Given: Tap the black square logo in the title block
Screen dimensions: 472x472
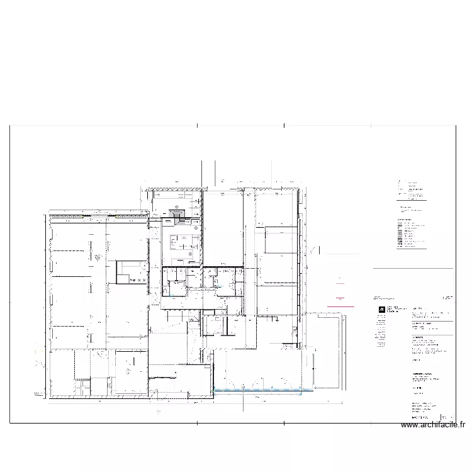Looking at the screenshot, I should [380, 309].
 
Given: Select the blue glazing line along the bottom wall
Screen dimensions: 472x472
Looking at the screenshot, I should [258, 391].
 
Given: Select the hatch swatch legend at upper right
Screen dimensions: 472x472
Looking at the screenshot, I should [400, 233].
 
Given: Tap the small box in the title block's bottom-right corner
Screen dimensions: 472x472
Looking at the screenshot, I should [449, 417].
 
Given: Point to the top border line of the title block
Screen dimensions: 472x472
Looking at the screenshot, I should [412, 269].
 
